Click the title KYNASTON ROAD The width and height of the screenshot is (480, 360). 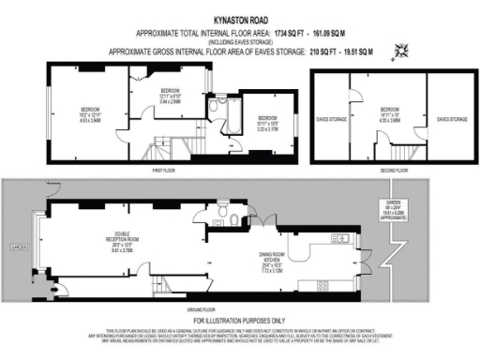pos(240,19)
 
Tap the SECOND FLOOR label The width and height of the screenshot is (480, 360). pos(393,172)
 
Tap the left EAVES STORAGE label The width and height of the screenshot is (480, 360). pos(332,119)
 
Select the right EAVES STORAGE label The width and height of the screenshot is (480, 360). pos(452,119)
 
